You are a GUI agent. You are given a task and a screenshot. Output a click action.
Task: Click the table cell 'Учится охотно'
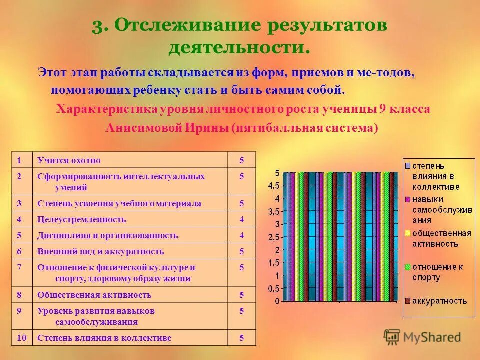pos(69,160)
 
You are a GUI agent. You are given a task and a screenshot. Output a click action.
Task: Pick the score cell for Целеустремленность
pos(241,219)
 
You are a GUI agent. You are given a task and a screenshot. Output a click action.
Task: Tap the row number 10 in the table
pos(21,338)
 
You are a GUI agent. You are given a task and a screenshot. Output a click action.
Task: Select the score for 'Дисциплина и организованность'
pos(241,235)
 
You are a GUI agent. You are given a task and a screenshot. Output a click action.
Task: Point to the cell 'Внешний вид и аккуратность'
pos(100,251)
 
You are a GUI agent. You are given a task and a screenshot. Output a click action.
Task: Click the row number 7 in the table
pos(19,267)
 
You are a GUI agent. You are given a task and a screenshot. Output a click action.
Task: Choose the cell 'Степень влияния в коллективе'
pos(104,338)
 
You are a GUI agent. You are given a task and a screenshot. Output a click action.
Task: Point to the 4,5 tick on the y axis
pos(274,186)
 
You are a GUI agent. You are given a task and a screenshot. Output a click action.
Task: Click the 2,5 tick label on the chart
pos(274,237)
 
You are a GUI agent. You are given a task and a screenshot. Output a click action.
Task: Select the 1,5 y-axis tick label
pos(274,263)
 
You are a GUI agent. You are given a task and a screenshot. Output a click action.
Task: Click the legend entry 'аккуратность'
pos(439,300)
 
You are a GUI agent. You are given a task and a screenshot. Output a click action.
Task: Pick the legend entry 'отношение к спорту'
pos(437,272)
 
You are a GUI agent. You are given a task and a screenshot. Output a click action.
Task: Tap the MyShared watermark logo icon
pos(392,336)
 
